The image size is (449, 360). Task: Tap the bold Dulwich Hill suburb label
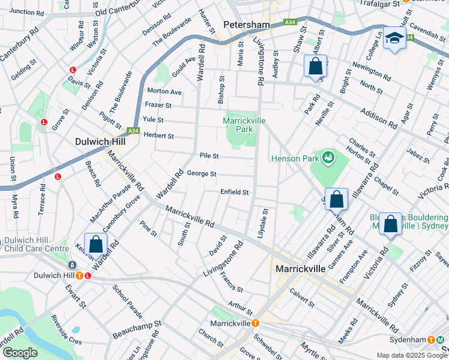[x=100, y=142]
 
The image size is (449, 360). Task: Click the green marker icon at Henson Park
[x=328, y=158]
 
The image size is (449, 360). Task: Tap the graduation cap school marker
[x=394, y=38]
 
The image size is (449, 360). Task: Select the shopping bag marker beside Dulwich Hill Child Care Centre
[x=95, y=244]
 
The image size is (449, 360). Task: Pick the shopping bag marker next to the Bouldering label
[x=390, y=224]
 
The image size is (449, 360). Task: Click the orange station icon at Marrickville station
[x=255, y=323]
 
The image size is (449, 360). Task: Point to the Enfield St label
[x=234, y=192]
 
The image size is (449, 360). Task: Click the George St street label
[x=202, y=174]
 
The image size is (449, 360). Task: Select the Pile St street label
[x=209, y=155]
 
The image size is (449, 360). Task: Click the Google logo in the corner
[x=20, y=353]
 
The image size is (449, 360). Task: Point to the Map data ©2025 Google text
[x=411, y=355]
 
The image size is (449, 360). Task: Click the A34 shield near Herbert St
[x=133, y=130]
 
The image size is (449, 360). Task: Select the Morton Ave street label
[x=164, y=92]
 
